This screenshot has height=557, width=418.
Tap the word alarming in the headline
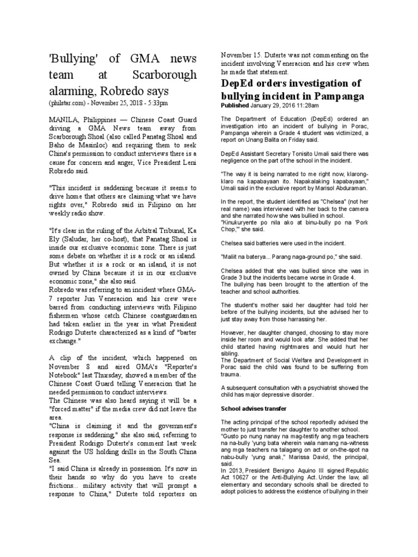[70, 90]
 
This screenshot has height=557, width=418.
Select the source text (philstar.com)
[69, 102]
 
